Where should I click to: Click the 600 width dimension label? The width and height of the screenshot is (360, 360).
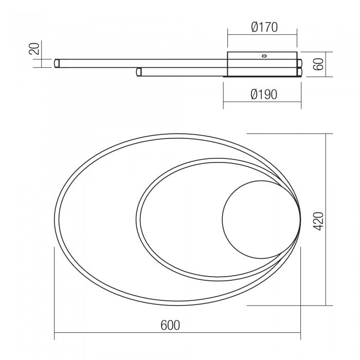click(170, 325)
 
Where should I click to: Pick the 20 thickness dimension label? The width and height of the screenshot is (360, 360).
click(34, 49)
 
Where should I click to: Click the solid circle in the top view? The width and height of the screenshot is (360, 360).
click(259, 220)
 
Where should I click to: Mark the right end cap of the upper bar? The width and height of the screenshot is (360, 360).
click(299, 63)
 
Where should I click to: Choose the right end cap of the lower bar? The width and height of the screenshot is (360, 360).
click(299, 73)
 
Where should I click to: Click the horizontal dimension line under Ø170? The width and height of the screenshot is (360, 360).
click(262, 35)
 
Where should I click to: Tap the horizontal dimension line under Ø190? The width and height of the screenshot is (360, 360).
click(262, 102)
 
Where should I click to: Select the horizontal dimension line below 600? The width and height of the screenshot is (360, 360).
click(177, 333)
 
